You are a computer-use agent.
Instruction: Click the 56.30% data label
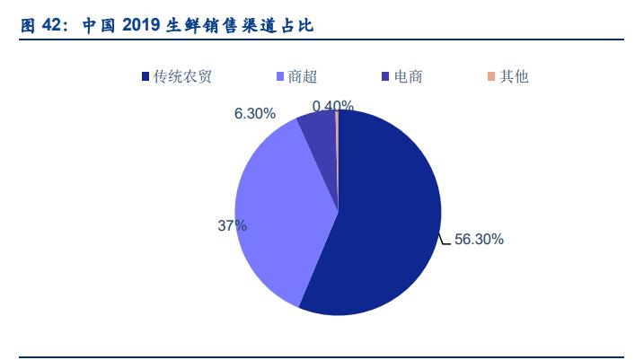[x=479, y=240]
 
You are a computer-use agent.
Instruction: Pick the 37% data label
[x=232, y=226]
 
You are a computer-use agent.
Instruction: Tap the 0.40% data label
[x=332, y=106]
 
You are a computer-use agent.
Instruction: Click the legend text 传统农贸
[x=182, y=76]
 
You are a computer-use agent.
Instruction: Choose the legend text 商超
[x=301, y=76]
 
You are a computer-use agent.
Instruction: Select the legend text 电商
[x=408, y=76]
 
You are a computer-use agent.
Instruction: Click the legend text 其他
[x=514, y=76]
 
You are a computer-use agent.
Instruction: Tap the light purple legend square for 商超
[x=281, y=76]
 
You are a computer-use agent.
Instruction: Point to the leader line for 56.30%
[x=445, y=241]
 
